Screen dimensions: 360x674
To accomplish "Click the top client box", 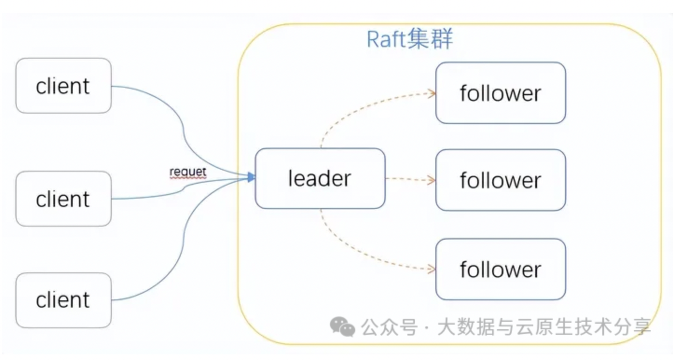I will [x=63, y=86].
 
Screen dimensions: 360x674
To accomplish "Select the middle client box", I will [x=63, y=199].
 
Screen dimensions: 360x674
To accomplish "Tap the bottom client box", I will [x=63, y=300].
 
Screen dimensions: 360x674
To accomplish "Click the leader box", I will [x=320, y=179].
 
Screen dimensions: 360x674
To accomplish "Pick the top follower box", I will [x=500, y=93].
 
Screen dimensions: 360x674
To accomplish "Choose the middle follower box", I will [x=500, y=180].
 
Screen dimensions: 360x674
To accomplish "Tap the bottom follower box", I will [x=500, y=269].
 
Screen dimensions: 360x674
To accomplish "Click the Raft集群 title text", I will [x=410, y=39].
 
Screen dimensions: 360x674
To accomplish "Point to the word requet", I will [x=188, y=172].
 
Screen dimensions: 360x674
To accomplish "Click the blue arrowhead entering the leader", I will [x=252, y=177].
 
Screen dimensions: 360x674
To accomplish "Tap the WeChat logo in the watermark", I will [x=342, y=327].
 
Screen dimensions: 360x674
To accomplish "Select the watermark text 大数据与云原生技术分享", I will [x=543, y=328].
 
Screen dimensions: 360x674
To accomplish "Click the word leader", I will [x=320, y=179].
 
